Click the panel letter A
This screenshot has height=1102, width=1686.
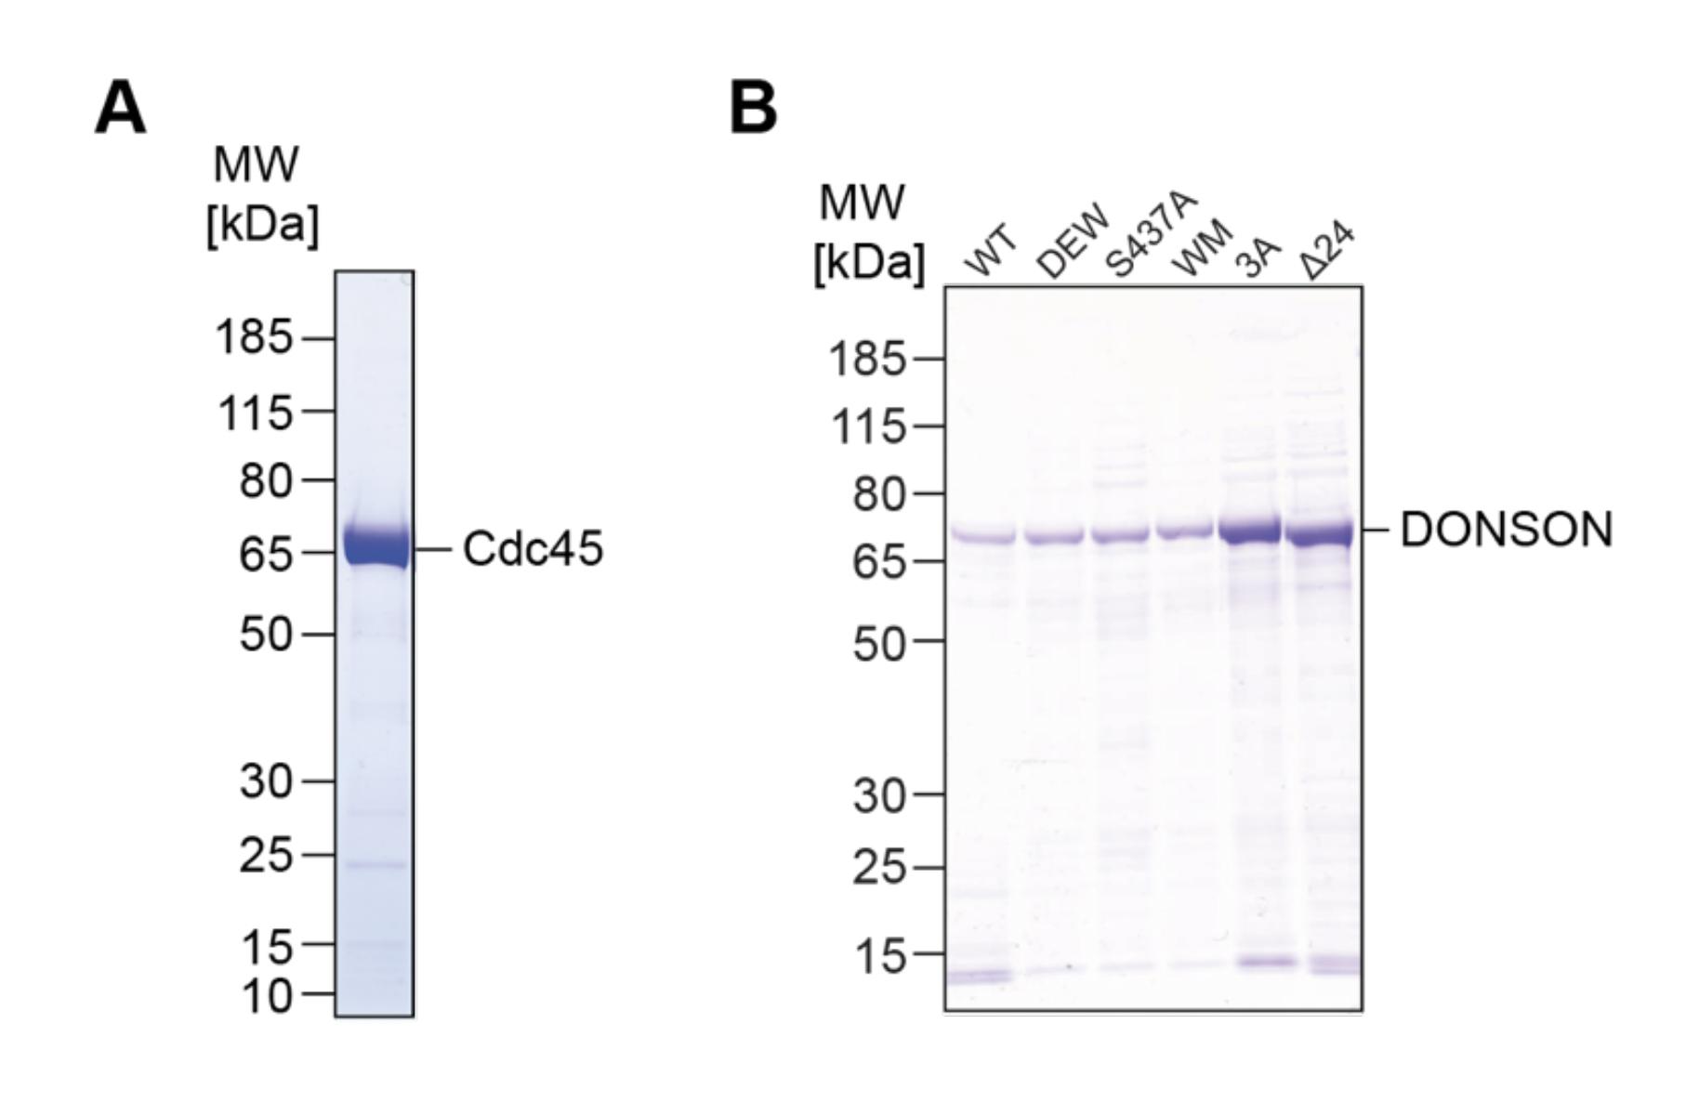pyautogui.click(x=121, y=109)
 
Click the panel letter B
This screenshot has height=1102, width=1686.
pyautogui.click(x=753, y=109)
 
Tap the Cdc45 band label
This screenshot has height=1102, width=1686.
pyautogui.click(x=533, y=548)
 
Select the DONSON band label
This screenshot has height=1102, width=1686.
pyautogui.click(x=1506, y=530)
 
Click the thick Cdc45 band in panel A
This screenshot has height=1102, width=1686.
pyautogui.click(x=375, y=546)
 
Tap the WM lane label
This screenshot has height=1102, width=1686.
pyautogui.click(x=1202, y=248)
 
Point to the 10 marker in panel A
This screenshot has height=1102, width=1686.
pyautogui.click(x=266, y=995)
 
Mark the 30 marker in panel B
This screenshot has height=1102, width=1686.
pyautogui.click(x=878, y=796)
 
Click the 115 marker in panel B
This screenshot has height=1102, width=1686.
pyautogui.click(x=867, y=427)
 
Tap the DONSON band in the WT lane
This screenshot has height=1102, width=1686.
pyautogui.click(x=981, y=536)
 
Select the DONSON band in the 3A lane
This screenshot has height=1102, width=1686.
pyautogui.click(x=1249, y=532)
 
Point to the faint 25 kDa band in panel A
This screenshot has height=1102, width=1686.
pyautogui.click(x=375, y=865)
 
